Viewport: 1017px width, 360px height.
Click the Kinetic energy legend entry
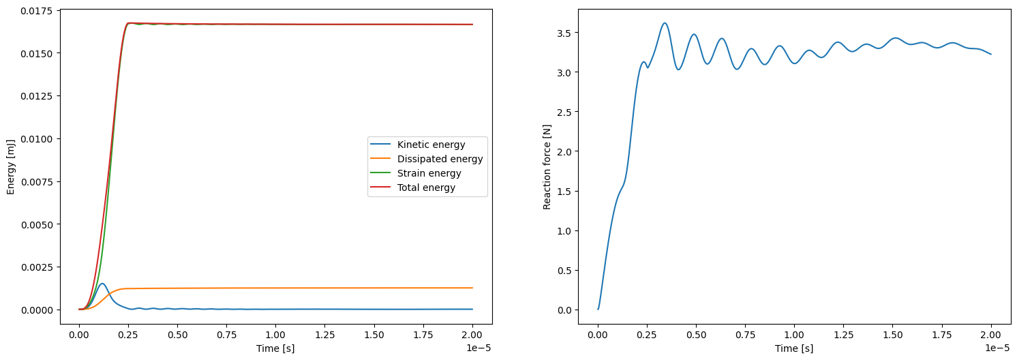tap(431, 145)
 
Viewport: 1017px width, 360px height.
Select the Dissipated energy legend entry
tap(440, 159)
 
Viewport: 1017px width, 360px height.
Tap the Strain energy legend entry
tap(429, 173)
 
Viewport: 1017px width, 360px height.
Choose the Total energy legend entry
tap(426, 187)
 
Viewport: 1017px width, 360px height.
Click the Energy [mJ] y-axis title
tap(10, 166)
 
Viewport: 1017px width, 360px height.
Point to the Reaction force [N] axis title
tap(547, 166)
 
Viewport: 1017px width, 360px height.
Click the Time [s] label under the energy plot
tap(275, 348)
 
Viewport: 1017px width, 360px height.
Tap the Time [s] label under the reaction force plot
tap(794, 348)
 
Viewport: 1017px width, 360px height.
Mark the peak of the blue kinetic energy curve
tap(102, 284)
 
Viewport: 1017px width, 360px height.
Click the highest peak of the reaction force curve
tap(665, 23)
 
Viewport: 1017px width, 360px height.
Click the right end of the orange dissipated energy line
tap(472, 288)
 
